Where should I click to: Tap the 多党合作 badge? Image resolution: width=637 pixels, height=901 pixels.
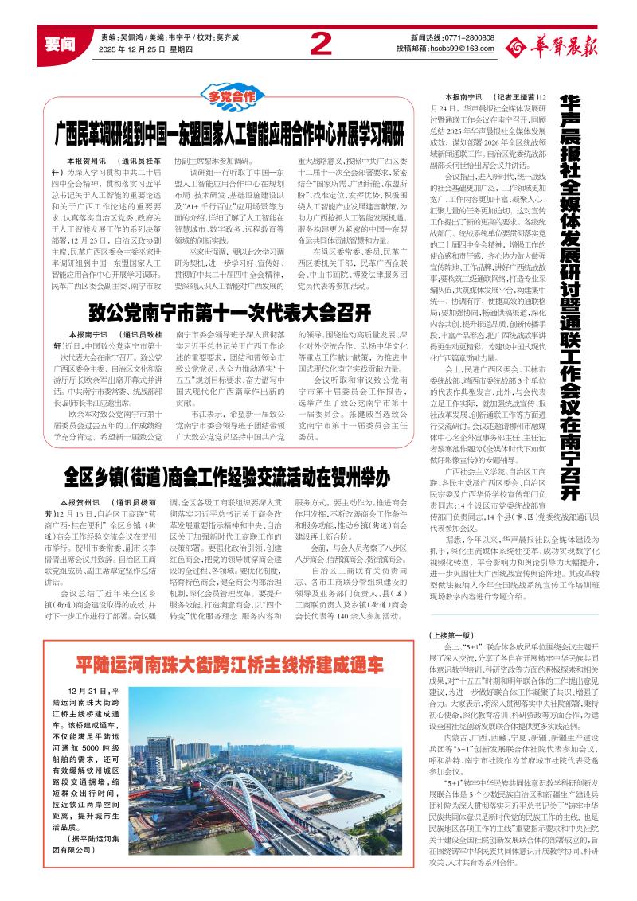click(x=232, y=97)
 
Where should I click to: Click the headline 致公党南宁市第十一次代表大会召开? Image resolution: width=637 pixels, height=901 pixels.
click(x=230, y=310)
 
